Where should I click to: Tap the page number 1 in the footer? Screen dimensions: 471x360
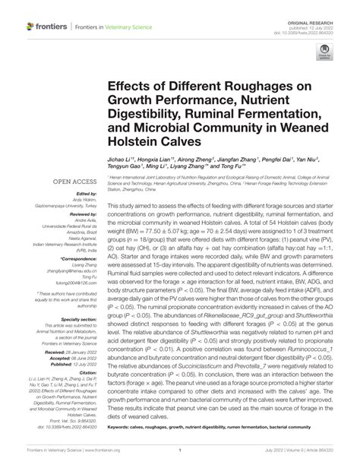(x=179, y=460)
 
